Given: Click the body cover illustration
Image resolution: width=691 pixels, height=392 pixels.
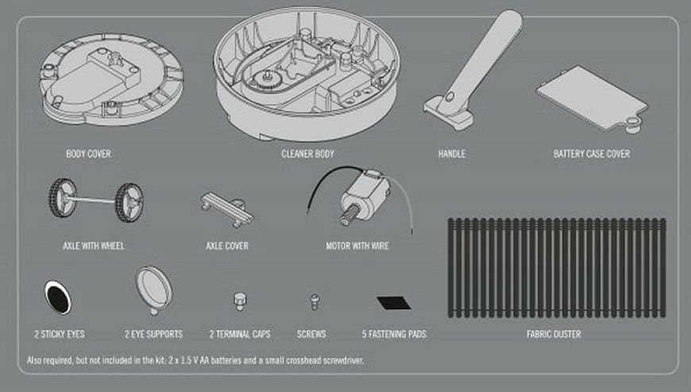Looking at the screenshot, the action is tap(111, 79).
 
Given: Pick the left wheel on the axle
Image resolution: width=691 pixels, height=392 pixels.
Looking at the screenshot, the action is tap(63, 198).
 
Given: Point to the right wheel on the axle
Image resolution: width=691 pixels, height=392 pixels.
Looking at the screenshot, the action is tap(129, 202).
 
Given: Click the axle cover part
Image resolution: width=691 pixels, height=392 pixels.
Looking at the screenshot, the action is tap(227, 209).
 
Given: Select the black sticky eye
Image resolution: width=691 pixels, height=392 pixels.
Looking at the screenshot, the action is tap(58, 298).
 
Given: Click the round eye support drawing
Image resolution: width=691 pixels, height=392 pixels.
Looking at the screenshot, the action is tap(154, 290).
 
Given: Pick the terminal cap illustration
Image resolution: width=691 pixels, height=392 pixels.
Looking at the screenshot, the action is tap(240, 302).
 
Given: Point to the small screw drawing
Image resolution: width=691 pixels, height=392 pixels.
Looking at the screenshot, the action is tap(315, 302).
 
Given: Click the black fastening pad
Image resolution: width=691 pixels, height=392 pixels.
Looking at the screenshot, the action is tap(394, 303).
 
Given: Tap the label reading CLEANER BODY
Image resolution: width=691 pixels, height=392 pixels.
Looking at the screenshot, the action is tap(307, 154).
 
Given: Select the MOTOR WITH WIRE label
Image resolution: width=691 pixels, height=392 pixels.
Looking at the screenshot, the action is tap(357, 246).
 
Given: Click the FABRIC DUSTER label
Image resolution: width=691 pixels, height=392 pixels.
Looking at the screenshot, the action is tap(554, 334).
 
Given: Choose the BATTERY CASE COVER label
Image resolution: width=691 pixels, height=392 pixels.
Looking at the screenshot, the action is tap(592, 154).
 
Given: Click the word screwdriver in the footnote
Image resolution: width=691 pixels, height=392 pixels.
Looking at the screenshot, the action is tap(343, 360).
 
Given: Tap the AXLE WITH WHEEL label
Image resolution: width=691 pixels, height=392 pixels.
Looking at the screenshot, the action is tap(94, 246).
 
